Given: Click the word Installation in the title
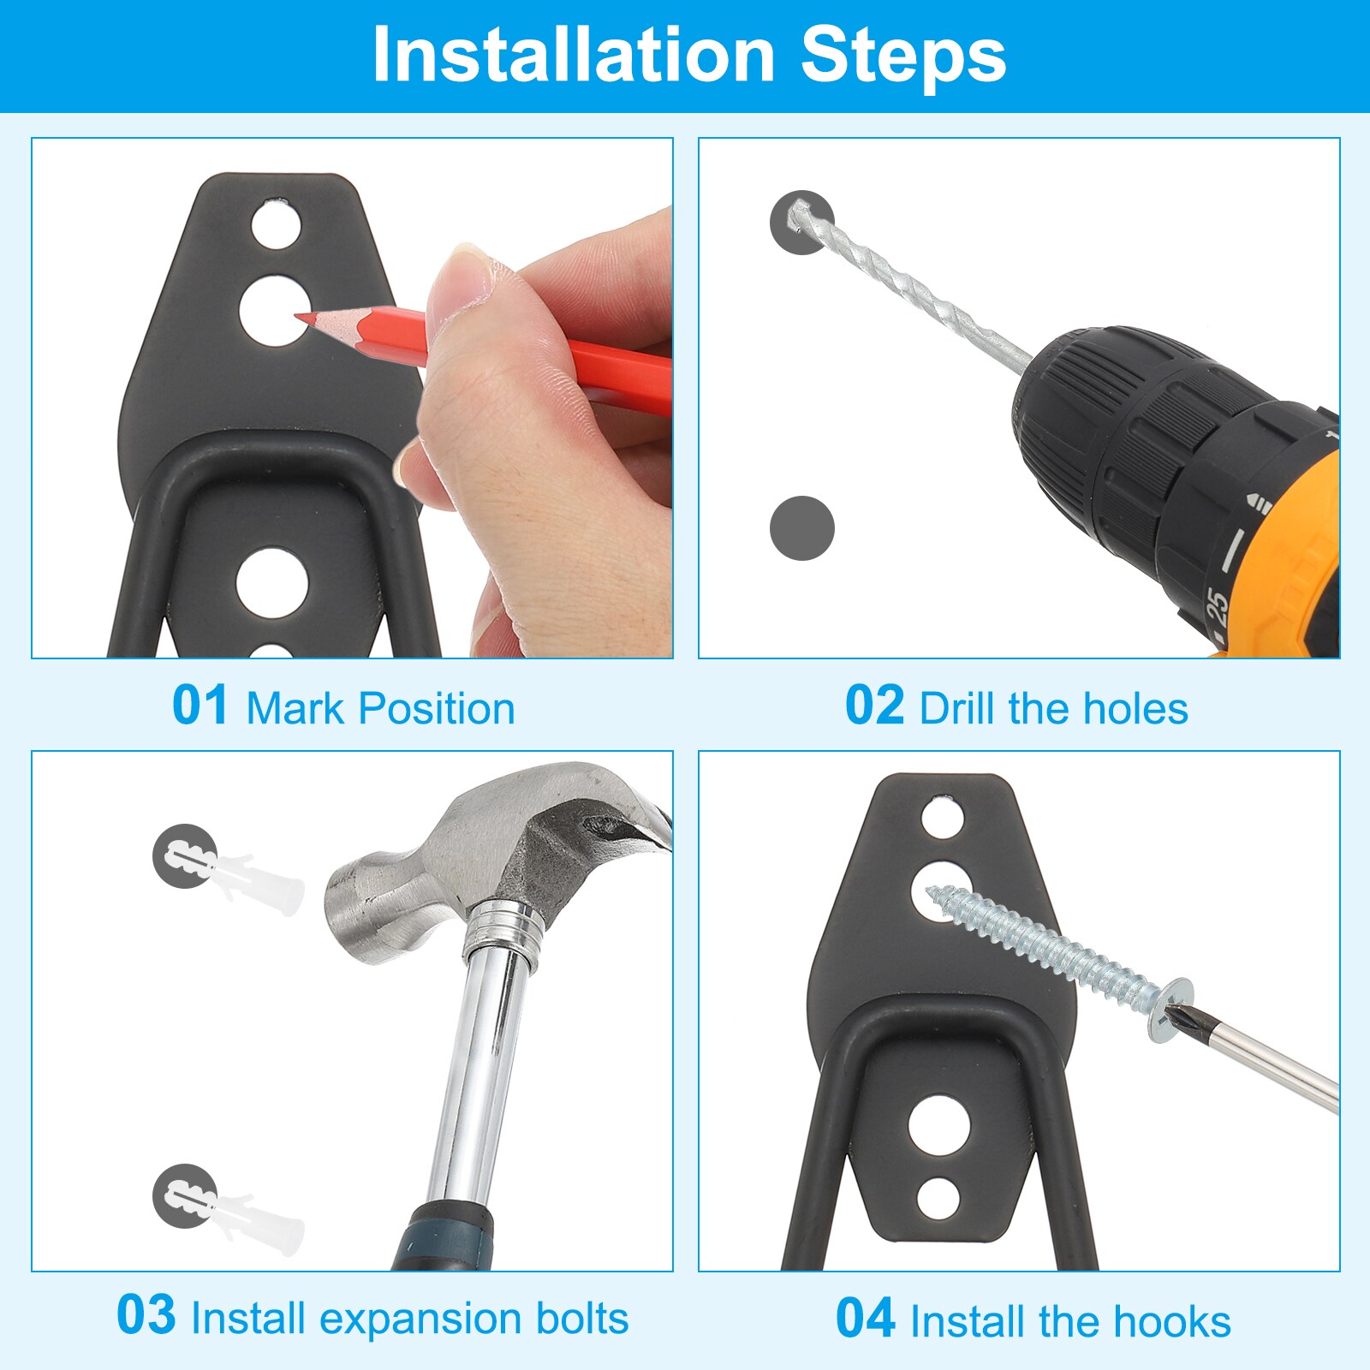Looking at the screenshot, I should point(574,56).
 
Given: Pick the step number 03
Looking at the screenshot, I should point(146,1316).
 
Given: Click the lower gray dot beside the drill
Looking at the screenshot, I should point(801,528).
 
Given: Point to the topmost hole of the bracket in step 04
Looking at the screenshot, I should point(943,818).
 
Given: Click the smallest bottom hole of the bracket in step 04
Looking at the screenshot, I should point(938,1199).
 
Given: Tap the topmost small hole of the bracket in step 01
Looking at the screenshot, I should point(276,225).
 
